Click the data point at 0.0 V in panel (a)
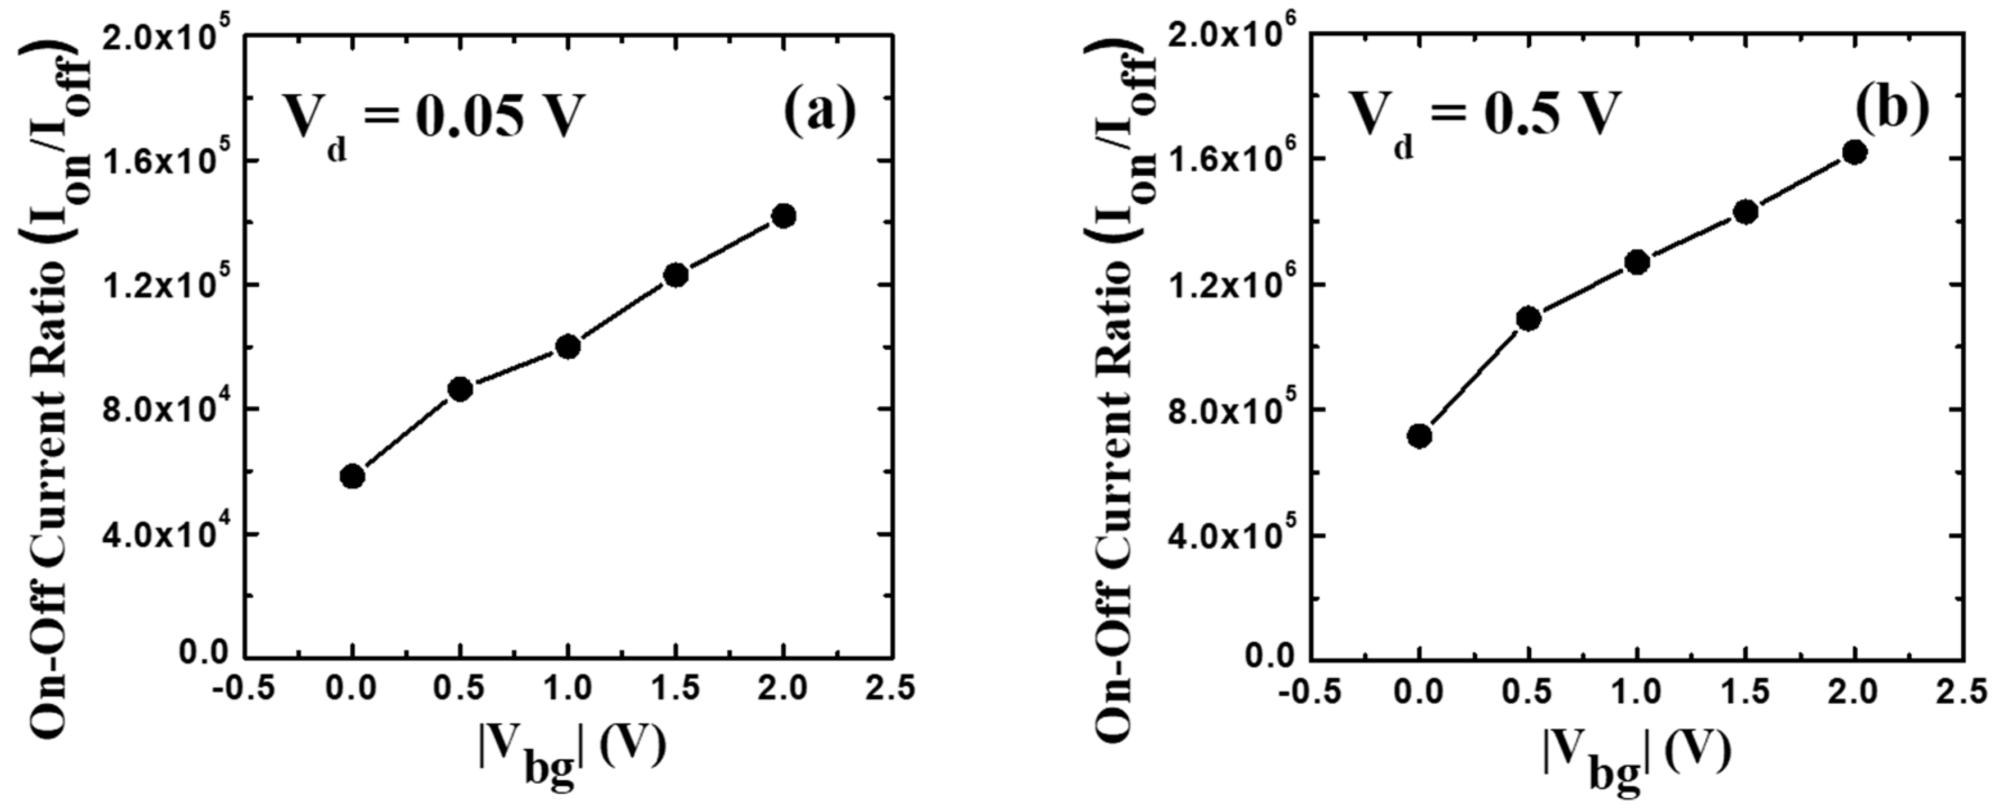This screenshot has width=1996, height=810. (352, 476)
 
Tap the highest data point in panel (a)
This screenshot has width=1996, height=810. (784, 216)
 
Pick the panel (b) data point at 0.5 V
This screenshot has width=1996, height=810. (1528, 318)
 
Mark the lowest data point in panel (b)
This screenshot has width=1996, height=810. (1420, 436)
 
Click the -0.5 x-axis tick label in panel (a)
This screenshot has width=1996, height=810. (245, 688)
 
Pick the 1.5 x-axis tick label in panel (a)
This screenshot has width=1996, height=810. (676, 688)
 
